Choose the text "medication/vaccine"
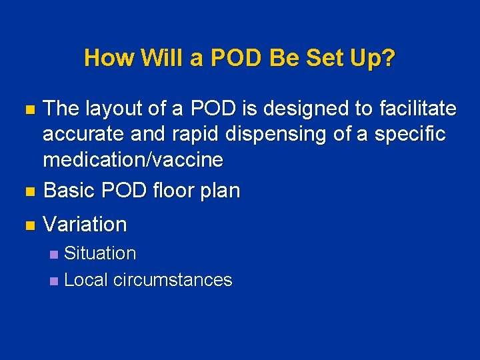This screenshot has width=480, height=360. coord(133,160)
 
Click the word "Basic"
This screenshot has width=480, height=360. coord(69,191)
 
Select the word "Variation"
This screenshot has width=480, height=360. coord(85,225)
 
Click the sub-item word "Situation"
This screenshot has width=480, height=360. coord(100,253)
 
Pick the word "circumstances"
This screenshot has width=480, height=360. coord(173,280)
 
